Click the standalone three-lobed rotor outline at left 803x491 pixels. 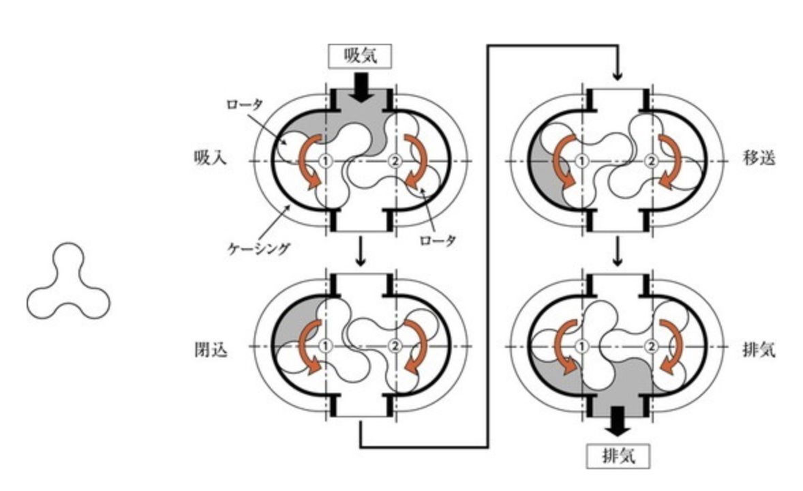point(68,283)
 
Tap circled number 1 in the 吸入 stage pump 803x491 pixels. point(326,162)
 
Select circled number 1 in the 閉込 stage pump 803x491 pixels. point(326,346)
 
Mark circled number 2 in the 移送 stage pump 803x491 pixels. point(651,162)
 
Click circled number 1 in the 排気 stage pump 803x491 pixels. point(581,346)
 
